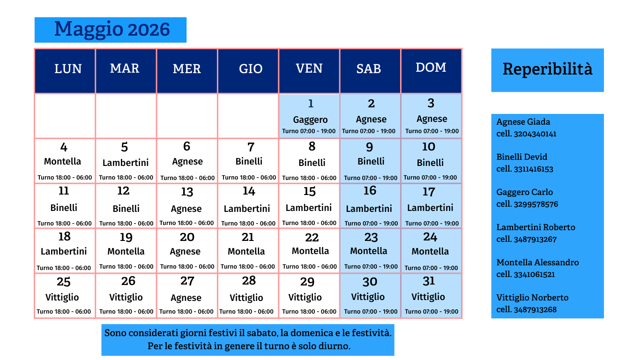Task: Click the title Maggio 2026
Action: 112,30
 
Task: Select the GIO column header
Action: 251,69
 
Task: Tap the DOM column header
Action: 431,67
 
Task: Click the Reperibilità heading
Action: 547,69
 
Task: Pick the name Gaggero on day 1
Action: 310,120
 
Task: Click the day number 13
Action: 187,192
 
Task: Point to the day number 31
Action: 429,281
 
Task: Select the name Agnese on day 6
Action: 187,162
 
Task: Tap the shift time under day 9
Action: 370,178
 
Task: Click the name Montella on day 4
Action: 62,162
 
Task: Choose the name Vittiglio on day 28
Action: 246,298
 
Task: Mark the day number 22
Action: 312,238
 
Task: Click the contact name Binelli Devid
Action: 521,157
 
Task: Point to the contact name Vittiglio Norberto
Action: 532,298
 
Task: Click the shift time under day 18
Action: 64,268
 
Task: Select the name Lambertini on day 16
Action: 369,209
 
